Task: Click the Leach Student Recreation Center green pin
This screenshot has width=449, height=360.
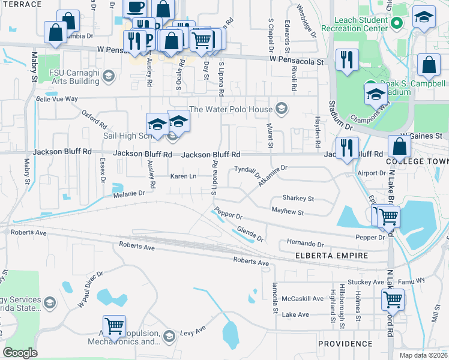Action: tap(396, 23)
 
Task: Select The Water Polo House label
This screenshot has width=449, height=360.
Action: tap(231, 109)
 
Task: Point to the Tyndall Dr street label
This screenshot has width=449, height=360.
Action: tap(247, 172)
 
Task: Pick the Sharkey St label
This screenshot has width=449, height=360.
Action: tap(298, 198)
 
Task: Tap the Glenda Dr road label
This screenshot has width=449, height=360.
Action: tap(250, 234)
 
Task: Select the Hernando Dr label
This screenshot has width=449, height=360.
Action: tap(305, 244)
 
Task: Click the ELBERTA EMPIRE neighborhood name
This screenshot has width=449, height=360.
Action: tap(331, 255)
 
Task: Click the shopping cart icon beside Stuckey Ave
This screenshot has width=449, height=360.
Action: tap(393, 299)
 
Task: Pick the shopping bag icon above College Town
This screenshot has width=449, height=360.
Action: tap(399, 146)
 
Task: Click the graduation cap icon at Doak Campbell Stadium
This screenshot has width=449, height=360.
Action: tap(376, 94)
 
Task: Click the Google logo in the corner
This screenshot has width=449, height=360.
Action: tap(20, 353)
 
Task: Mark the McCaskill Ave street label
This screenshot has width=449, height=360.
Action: tap(303, 298)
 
